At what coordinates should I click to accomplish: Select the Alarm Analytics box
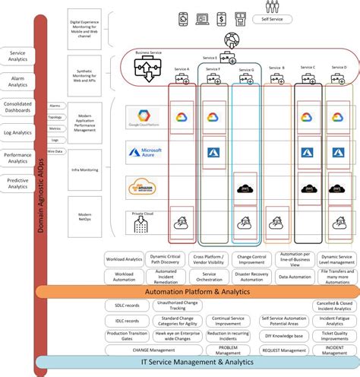[x=18, y=82]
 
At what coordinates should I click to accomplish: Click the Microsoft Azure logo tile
[x=146, y=154]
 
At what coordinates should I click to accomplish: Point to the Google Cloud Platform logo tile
[x=146, y=116]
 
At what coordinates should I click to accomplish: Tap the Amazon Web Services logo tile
[x=146, y=187]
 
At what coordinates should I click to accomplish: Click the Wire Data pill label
[x=55, y=151]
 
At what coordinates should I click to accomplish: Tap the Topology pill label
[x=55, y=118]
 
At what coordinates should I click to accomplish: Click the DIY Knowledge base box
[x=283, y=335]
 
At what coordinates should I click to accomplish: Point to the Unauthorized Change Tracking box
[x=176, y=306]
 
